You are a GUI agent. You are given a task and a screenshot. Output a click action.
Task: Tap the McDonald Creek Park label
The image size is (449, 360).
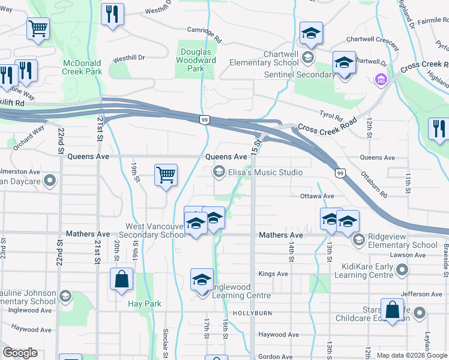tap(82, 67)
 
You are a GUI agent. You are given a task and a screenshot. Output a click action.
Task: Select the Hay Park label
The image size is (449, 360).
tap(145, 304)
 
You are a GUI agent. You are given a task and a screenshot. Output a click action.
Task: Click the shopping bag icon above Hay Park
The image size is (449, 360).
tap(121, 279)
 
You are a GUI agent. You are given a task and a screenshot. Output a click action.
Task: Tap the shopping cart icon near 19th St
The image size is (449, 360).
tap(166, 175)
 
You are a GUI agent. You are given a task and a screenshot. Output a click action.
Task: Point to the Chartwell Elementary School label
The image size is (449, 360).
tap(264, 58)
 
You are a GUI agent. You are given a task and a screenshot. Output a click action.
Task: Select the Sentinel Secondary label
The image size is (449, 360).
tap(300, 74)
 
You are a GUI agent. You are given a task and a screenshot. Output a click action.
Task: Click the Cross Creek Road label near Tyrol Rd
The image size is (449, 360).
tap(325, 128)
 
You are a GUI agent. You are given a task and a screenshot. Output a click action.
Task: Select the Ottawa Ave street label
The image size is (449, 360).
tap(317, 196)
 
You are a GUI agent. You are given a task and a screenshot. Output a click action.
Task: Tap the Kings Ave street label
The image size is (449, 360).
tap(273, 274)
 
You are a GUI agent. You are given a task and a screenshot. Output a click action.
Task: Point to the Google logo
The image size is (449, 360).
tap(20, 353)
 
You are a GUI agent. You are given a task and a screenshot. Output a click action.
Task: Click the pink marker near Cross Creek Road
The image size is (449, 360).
tap(380, 79)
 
